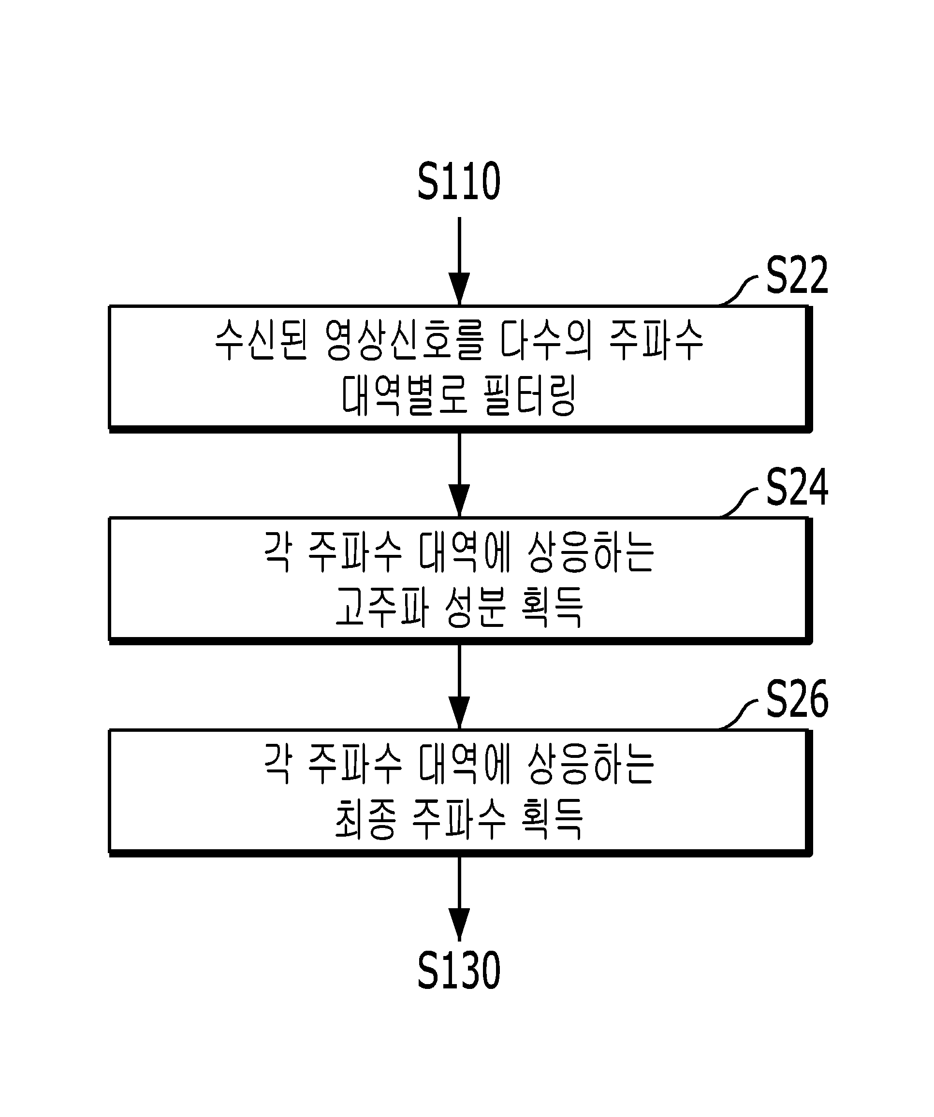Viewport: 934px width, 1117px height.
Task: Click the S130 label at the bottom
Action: (459, 970)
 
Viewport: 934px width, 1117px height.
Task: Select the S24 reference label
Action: (797, 486)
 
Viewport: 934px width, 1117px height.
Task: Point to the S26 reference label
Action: (797, 698)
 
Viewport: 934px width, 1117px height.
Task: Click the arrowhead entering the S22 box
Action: (459, 289)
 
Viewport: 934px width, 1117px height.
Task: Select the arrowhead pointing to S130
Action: (459, 925)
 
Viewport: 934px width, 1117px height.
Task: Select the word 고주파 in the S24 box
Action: (382, 607)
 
